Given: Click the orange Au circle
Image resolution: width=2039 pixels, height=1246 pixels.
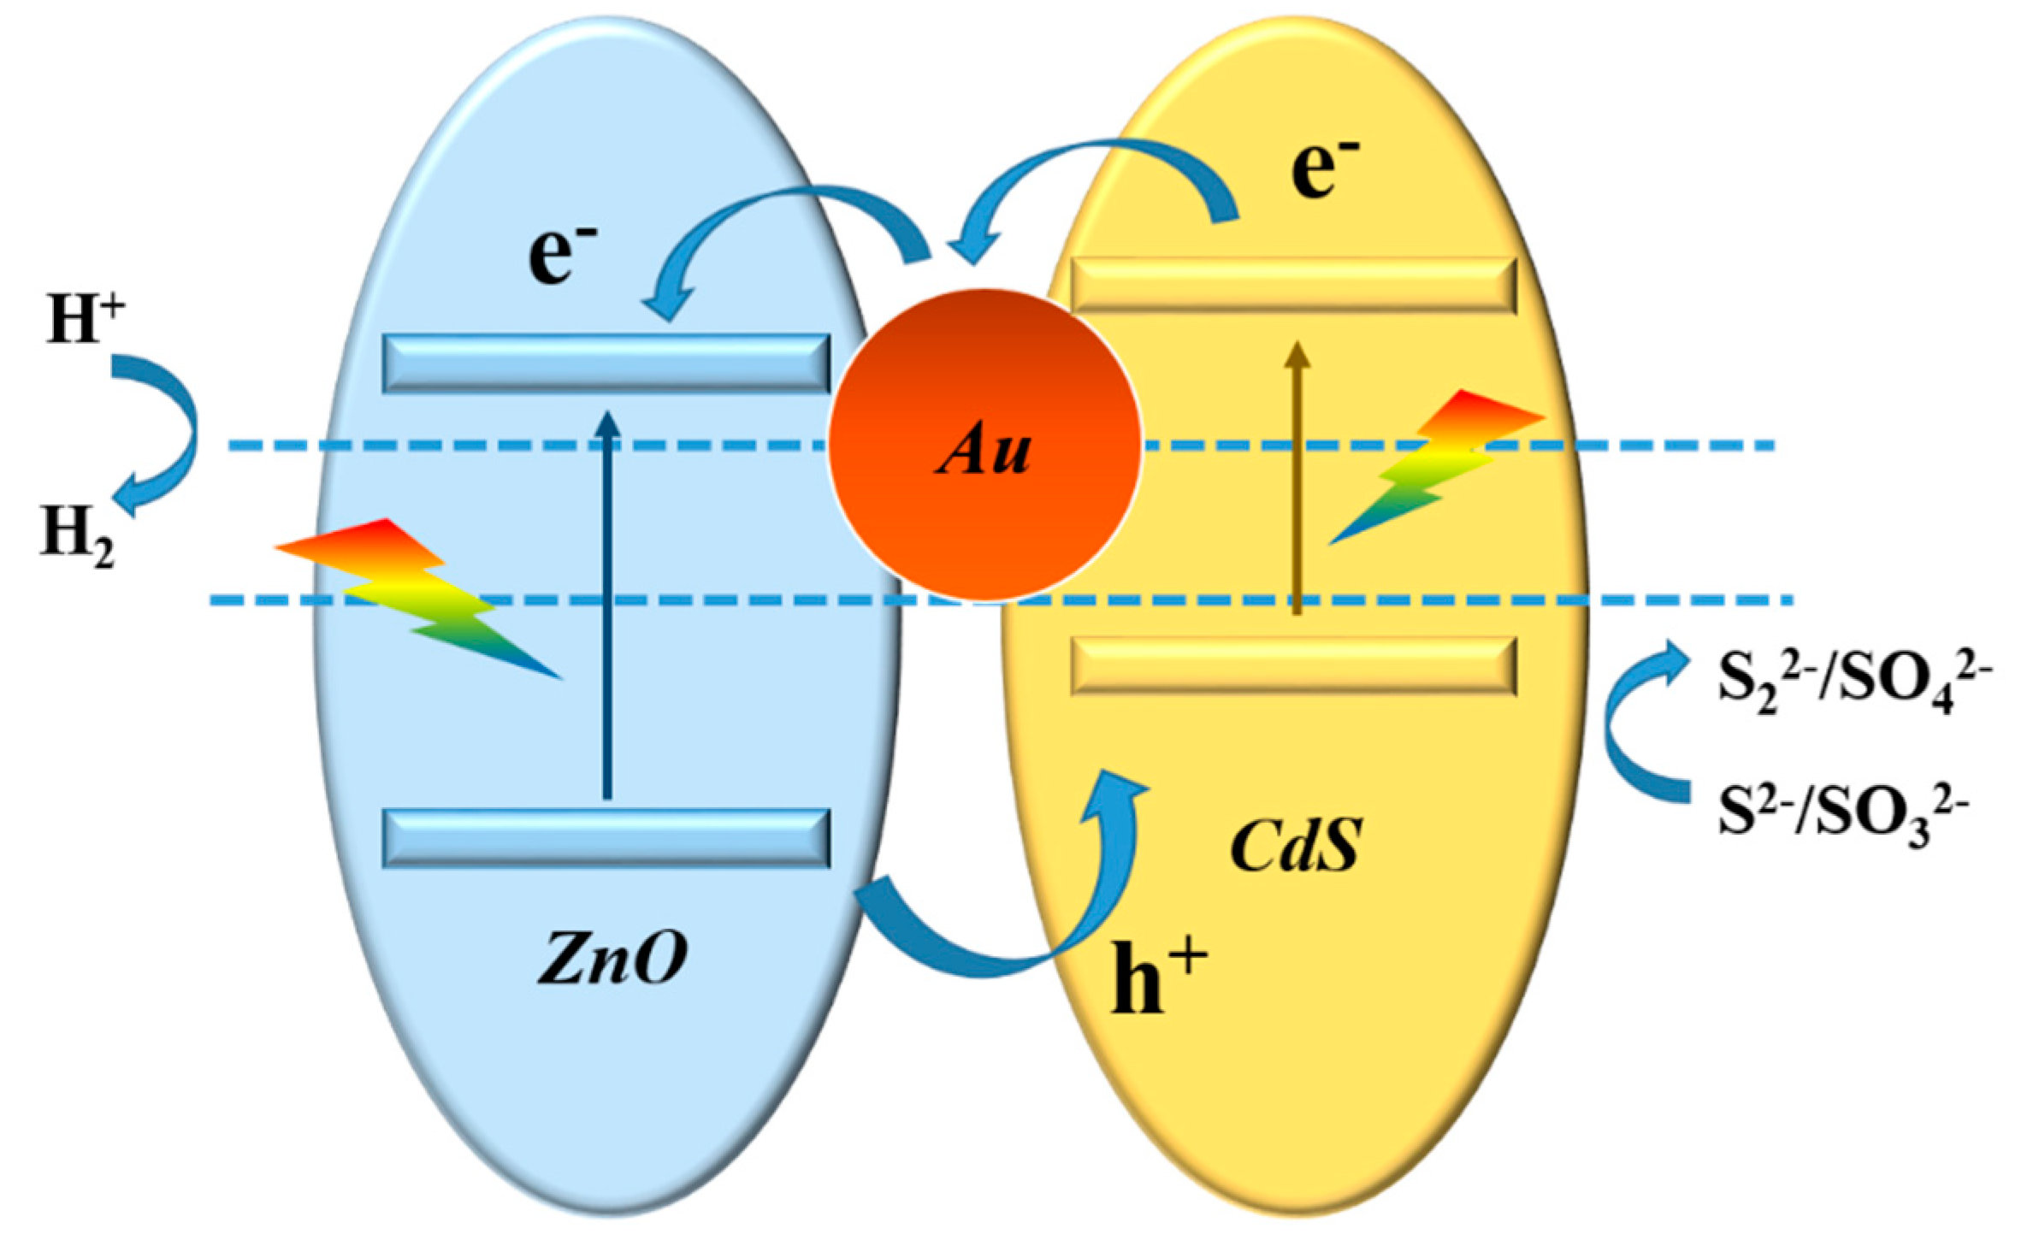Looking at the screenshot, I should (984, 445).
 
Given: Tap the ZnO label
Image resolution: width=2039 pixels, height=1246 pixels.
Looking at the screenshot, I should (612, 958).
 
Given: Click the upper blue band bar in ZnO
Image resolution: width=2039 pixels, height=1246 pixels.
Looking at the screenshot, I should (606, 363).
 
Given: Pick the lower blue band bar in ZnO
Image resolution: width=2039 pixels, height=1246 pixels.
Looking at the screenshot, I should (606, 838).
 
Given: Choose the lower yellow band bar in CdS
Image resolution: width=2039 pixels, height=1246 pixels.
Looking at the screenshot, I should (1293, 665).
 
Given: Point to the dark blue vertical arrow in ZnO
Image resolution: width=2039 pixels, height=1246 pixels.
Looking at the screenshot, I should (607, 607).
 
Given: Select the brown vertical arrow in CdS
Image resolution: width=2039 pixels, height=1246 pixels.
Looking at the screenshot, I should (1297, 479).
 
